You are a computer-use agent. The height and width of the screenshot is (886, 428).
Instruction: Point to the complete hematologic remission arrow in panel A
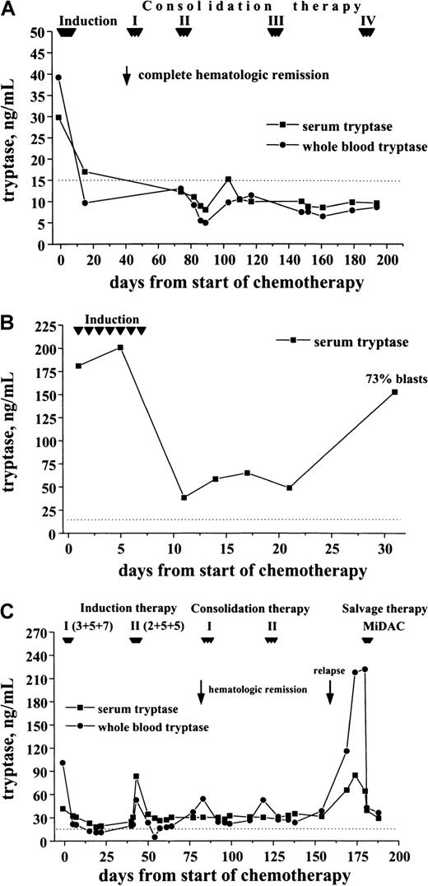126,75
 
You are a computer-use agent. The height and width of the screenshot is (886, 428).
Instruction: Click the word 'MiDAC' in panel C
367,624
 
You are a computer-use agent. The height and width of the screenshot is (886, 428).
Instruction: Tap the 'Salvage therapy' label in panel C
384,609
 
